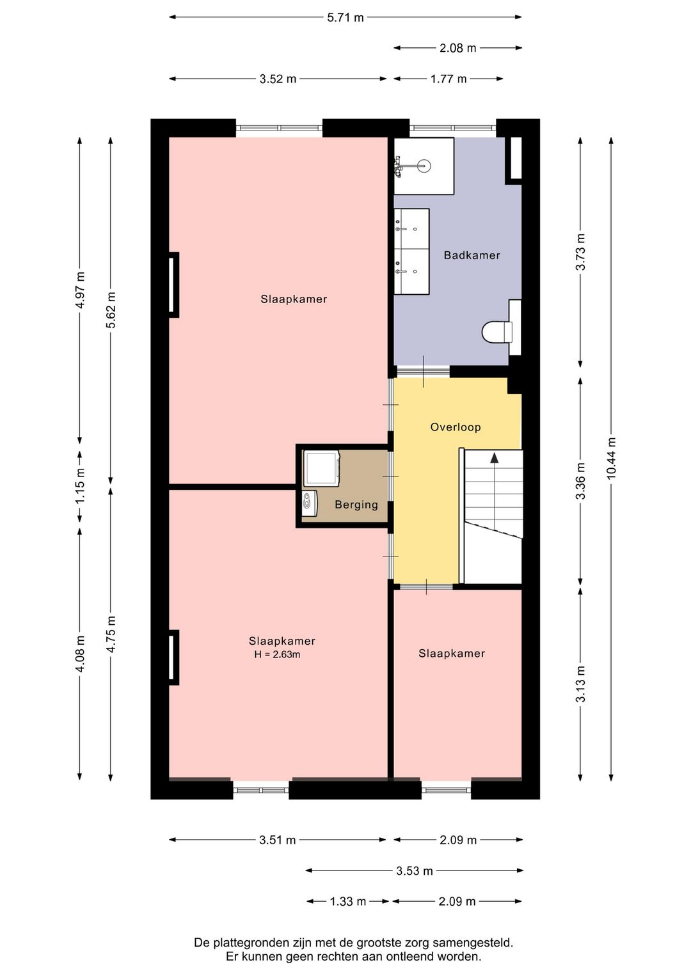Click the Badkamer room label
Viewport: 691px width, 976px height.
[472, 255]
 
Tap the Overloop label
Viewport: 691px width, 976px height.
[455, 427]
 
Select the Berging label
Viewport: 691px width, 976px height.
[356, 505]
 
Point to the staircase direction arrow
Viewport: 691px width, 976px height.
[494, 457]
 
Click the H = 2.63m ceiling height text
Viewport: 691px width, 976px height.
[277, 654]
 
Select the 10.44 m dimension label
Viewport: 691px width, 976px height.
[611, 458]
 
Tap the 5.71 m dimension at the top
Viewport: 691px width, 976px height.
[345, 17]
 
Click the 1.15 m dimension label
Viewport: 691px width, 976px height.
[80, 486]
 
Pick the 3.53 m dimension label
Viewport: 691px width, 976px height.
[414, 870]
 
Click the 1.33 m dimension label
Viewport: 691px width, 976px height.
[347, 901]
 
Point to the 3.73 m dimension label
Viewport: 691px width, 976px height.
[580, 251]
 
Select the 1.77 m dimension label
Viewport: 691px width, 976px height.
[448, 79]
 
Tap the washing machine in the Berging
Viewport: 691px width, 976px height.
[321, 468]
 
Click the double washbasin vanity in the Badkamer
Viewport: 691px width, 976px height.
[411, 251]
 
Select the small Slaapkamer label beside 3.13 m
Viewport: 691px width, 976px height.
[451, 653]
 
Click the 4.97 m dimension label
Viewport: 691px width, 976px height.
[80, 290]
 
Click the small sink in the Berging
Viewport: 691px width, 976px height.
[309, 502]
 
